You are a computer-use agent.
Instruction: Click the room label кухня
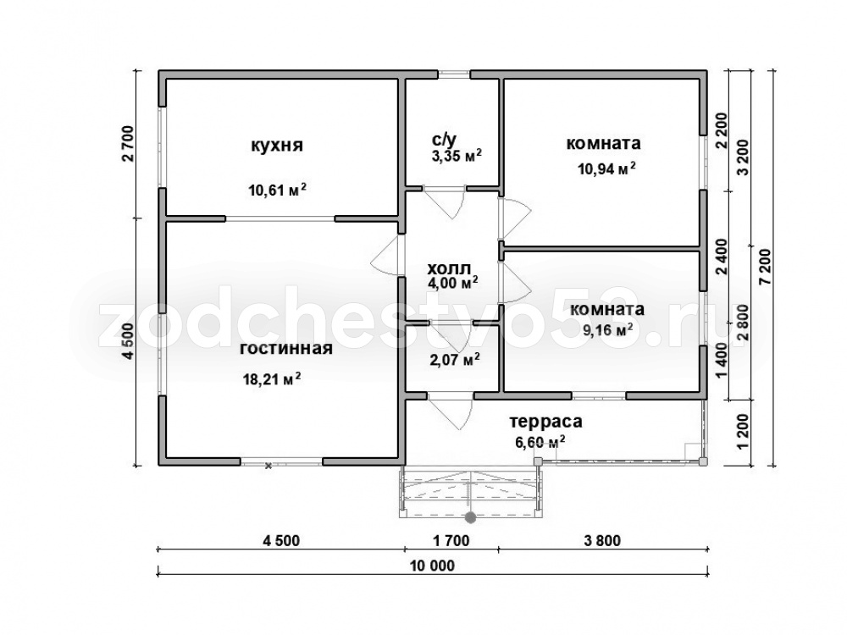pos(277,146)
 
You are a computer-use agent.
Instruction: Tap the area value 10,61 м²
pos(277,190)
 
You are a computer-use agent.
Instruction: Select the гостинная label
pos(285,348)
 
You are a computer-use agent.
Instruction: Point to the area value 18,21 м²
pos(272,378)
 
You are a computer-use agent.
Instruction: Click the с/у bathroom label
pos(444,140)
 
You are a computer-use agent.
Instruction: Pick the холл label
pos(449,268)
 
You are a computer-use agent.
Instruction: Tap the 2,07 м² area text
pos(455,359)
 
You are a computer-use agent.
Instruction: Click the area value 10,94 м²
pos(606,168)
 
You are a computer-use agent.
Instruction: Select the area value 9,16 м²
pos(608,329)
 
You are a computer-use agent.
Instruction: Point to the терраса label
pos(545,421)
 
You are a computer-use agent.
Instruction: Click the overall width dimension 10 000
pos(432,566)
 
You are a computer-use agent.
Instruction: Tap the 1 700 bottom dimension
pos(451,540)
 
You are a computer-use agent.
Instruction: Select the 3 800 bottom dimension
pos(603,540)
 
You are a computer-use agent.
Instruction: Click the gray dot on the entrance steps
pos(470,517)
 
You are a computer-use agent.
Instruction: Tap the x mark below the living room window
pos(268,466)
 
